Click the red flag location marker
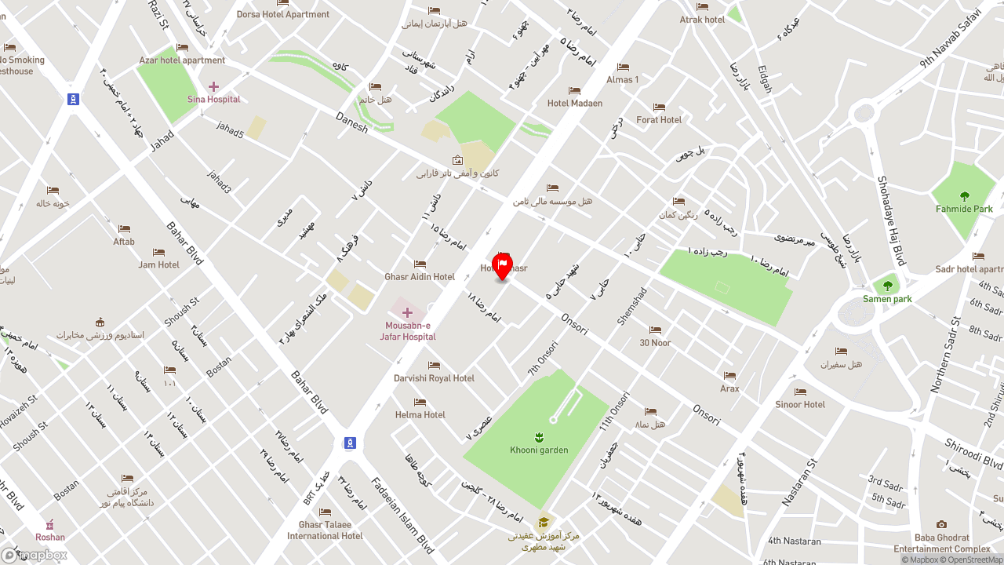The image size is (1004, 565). point(502,265)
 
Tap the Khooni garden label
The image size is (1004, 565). point(538,450)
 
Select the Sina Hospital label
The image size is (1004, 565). point(213,100)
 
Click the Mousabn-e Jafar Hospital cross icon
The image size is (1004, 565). point(407,313)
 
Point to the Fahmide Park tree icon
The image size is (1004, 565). point(965,196)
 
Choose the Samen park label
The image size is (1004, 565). point(887,299)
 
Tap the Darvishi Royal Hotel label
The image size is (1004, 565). point(434,378)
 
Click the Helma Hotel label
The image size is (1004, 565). point(420,415)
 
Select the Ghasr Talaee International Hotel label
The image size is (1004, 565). point(325,530)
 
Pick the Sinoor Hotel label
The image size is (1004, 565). point(800,405)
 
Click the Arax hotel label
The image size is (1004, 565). point(729,388)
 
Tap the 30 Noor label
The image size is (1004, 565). point(655,343)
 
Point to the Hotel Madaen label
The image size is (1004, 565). point(575,104)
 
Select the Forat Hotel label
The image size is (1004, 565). point(659,120)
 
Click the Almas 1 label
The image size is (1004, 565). point(623,80)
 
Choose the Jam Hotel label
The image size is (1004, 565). point(159,265)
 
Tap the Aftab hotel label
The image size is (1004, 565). point(124,242)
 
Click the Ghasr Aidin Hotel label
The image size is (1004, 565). point(420,277)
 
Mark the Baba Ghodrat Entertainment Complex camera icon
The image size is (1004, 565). point(941,525)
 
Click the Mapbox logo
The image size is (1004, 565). point(35,555)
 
